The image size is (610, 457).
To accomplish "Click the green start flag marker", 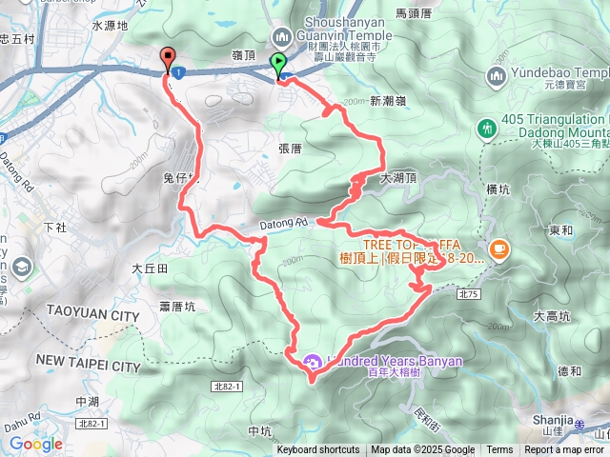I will click(x=278, y=65).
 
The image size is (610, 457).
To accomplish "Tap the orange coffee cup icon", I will click(x=498, y=249).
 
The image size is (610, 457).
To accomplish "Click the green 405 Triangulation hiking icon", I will click(x=487, y=127).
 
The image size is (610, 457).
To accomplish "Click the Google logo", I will click(x=35, y=444).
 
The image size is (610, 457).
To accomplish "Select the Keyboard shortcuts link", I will click(x=318, y=450).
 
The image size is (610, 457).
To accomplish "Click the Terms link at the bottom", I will click(x=499, y=450).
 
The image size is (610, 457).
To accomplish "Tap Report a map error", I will click(x=565, y=450).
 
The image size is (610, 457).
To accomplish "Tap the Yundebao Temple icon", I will click(x=497, y=76).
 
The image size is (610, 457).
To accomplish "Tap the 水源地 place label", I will click(x=110, y=26).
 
